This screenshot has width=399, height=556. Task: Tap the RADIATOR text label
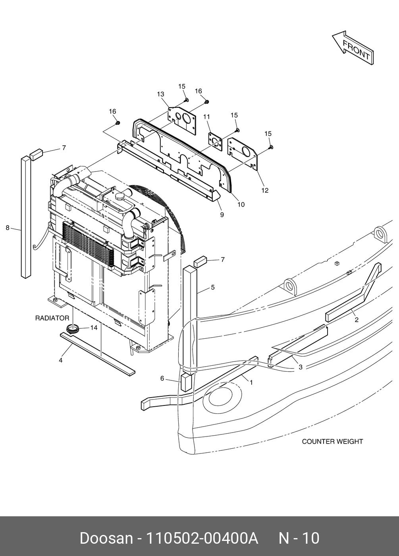coord(52,318)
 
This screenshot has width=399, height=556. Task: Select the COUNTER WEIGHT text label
coord(332,441)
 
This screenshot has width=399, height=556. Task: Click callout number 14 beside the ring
coord(94,328)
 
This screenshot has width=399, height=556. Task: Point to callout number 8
coord(8,228)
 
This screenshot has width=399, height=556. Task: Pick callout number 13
coord(160,94)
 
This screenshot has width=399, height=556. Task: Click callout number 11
coord(207,117)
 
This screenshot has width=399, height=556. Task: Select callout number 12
coord(265,190)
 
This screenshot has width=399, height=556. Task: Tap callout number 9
coord(222,215)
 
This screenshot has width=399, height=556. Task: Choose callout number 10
coord(241,205)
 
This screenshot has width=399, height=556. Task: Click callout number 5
coord(213,287)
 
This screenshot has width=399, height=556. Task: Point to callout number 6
coord(162,378)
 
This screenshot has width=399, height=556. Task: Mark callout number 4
coord(61,361)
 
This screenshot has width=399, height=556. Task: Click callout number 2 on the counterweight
coord(357,319)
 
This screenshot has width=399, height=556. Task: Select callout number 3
coord(301,367)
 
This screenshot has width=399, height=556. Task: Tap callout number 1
coord(251,382)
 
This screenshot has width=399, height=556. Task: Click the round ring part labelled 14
coord(73,328)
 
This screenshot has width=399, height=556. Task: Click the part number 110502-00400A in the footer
coord(202,538)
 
